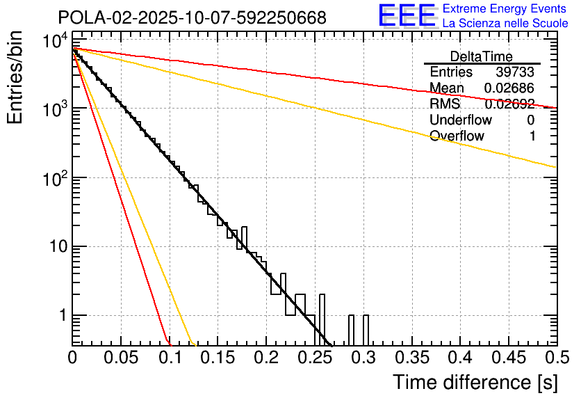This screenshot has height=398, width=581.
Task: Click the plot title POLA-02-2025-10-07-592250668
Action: pos(192,17)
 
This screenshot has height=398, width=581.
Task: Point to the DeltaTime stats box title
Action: pos(481,56)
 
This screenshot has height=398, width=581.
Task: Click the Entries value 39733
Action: pos(515,72)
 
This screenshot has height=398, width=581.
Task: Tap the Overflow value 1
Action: pos(532,136)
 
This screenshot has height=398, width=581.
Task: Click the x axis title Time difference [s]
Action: pos(475,382)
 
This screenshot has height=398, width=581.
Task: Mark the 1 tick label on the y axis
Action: pos(60,316)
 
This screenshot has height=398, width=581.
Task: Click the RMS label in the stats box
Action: pos(445,104)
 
